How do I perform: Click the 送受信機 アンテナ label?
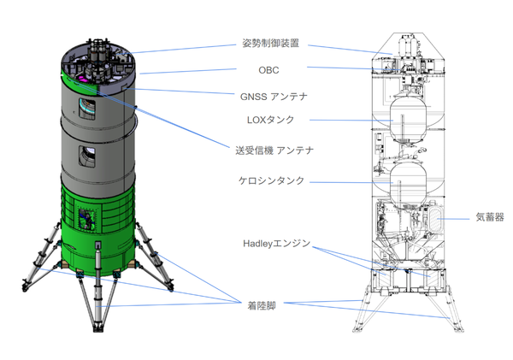[x=274, y=150]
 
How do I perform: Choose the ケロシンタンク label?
[x=271, y=181]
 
